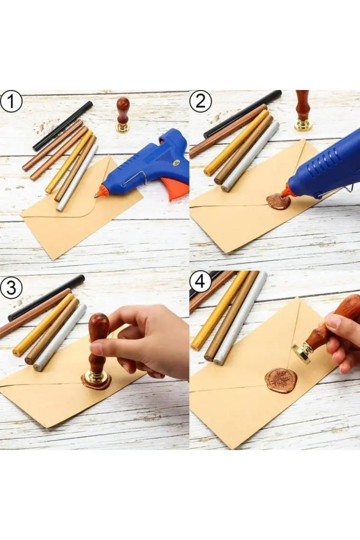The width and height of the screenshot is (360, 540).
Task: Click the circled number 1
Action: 11,101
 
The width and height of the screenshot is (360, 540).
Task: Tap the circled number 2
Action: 200,101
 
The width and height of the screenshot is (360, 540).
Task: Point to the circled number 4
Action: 200,282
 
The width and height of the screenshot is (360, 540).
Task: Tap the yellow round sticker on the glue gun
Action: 177,162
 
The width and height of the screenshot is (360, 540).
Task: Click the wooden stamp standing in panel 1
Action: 123,115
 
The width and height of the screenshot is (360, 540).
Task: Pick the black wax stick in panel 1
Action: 63,126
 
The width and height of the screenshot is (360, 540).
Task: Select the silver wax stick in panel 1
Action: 77,178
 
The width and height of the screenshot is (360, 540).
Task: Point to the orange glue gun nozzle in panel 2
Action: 286,190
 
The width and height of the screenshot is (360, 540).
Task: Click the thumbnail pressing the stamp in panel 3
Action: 97,349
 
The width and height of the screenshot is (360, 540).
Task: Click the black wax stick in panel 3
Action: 46,298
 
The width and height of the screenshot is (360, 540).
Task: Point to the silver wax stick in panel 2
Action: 250,156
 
